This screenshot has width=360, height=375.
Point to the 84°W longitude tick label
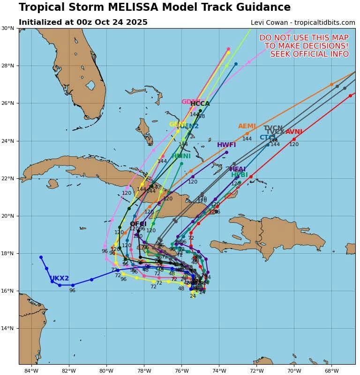coord(31,371)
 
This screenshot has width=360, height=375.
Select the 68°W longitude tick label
coord(331,371)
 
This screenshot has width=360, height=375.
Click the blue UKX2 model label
coord(60,279)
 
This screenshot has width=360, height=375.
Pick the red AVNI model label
coord(294,132)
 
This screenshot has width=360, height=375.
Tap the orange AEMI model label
coord(247,126)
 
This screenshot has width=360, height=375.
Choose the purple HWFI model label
coord(226,145)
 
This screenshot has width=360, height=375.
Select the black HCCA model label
coord(200,104)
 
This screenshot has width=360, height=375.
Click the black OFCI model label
coord(138,224)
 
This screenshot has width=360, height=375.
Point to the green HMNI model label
coord(181,156)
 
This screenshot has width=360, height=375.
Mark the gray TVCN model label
coord(273,128)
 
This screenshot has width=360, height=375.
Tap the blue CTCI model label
coord(268,138)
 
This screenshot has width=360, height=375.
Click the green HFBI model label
coord(240,175)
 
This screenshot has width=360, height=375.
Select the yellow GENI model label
coord(178,125)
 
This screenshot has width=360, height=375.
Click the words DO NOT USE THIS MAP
coord(304,37)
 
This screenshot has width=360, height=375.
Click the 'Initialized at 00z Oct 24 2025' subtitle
coord(83,22)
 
